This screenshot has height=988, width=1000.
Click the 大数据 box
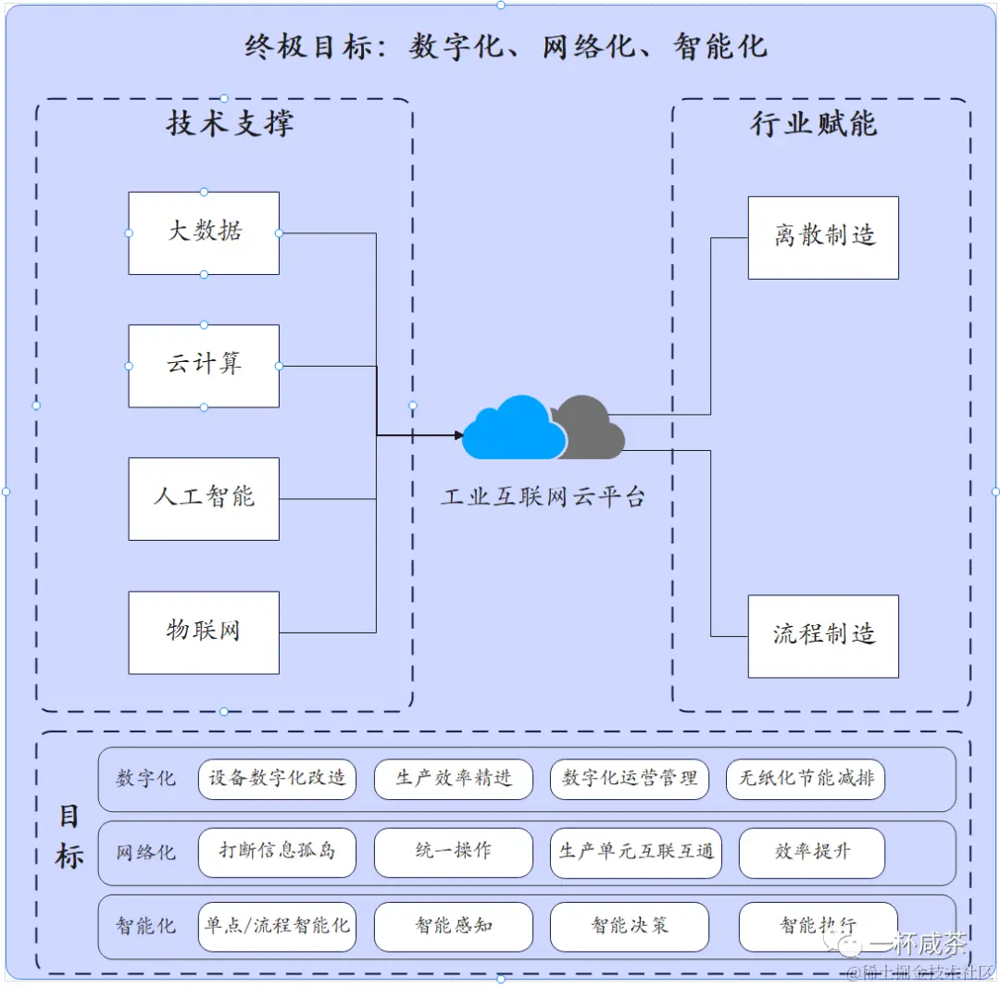tap(204, 232)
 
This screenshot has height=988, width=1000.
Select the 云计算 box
tap(204, 366)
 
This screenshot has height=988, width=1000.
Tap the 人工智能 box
tap(204, 498)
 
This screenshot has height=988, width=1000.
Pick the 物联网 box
tap(204, 632)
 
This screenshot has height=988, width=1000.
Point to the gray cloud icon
tap(593, 427)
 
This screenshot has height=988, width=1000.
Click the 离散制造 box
tap(823, 237)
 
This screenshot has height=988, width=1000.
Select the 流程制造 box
tap(823, 636)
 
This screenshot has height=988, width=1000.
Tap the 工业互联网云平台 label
tap(542, 497)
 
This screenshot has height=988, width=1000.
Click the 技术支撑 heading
tap(230, 123)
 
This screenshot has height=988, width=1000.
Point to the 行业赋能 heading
tap(813, 123)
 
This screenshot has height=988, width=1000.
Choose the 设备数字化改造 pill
tap(277, 779)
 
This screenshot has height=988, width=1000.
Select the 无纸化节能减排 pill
tap(806, 779)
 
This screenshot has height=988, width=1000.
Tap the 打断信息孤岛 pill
tap(277, 852)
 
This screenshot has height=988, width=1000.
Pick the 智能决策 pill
tap(630, 925)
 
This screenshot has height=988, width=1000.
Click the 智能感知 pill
tap(454, 925)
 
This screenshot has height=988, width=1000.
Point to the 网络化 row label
tap(145, 852)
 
